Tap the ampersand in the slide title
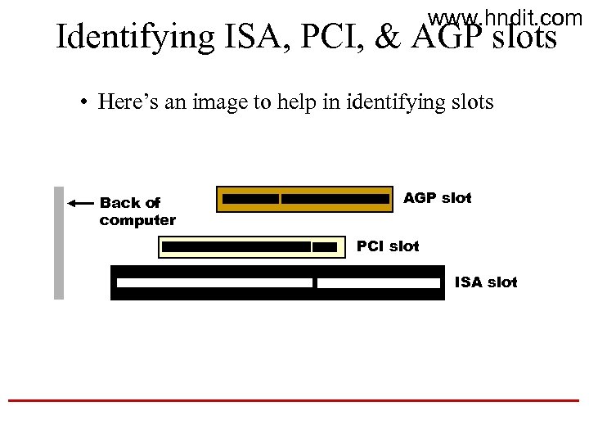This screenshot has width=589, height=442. point(386,37)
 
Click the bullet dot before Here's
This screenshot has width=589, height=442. point(84,103)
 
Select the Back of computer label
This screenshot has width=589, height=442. point(137,211)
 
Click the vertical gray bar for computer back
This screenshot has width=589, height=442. point(59,243)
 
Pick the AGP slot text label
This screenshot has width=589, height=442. point(438,198)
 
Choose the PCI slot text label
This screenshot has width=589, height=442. point(388,246)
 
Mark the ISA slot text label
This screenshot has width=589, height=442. point(486,282)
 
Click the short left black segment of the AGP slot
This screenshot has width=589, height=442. point(250,199)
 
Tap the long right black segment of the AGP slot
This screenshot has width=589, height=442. point(335,199)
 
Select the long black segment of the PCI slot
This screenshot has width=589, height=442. point(236,246)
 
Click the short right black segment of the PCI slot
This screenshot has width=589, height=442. point(325,246)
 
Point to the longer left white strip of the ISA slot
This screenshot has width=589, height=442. point(214,283)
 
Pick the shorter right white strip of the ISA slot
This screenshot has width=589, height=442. point(379,283)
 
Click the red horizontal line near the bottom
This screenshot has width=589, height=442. point(293,400)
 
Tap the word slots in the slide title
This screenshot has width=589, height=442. point(524,38)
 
